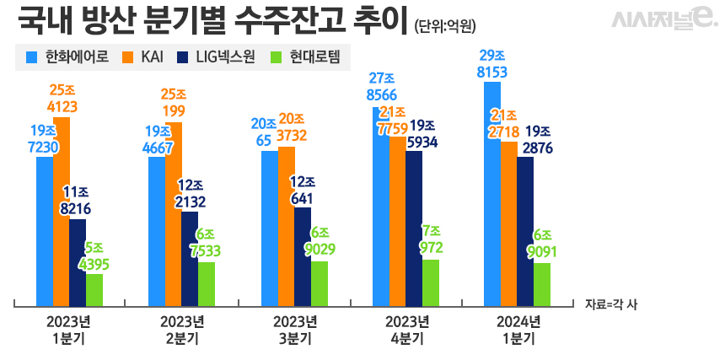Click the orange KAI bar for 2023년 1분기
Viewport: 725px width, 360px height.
(62, 212)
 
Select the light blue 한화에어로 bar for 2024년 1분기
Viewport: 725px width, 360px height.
(491, 194)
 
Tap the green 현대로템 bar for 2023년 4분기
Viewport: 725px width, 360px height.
(431, 283)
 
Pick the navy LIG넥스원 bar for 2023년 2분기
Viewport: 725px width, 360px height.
(190, 259)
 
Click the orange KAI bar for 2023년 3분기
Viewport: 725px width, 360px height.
(287, 227)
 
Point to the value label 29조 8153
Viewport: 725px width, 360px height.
(492, 64)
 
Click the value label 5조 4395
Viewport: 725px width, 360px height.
(94, 256)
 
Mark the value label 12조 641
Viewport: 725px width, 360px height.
(303, 191)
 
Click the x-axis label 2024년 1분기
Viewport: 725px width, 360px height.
(518, 330)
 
